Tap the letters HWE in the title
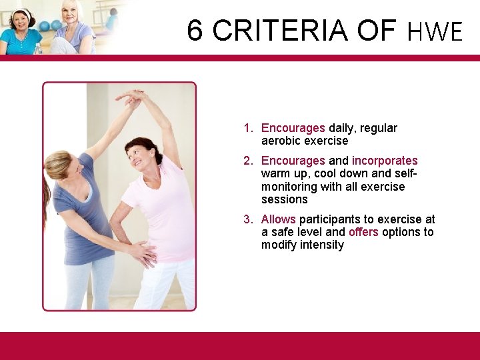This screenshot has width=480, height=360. tap(435, 31)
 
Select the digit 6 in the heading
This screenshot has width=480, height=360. tap(194, 30)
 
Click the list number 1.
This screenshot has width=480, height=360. tap(247, 128)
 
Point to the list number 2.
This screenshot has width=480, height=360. tap(247, 161)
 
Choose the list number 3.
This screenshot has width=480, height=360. tap(247, 219)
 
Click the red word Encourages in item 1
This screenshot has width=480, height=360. tap(293, 128)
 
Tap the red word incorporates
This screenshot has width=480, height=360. tap(385, 161)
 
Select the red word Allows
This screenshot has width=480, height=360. tap(279, 219)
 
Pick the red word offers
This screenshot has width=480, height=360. tap(363, 232)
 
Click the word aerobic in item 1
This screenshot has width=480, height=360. tap(281, 141)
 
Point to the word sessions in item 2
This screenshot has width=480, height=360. tap(284, 199)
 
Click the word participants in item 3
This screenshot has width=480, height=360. tap(331, 219)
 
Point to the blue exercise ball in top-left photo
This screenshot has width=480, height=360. tap(46, 26)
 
